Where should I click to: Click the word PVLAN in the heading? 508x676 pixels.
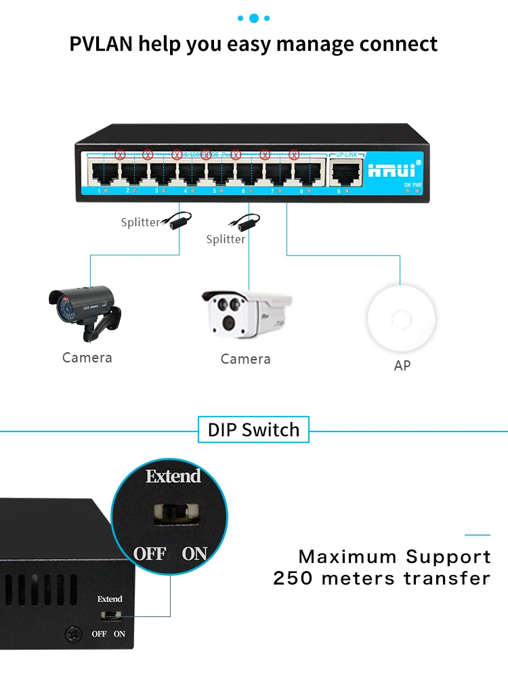tap(101, 44)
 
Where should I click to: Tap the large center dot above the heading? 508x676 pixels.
tap(254, 18)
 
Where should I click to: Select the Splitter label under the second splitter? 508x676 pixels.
tap(226, 239)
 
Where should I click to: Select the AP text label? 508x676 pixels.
tap(402, 366)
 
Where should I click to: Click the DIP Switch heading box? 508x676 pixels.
tap(253, 429)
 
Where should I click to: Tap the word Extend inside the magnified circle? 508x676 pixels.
tap(173, 476)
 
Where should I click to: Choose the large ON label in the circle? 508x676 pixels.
tap(194, 553)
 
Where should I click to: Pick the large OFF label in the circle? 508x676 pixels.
tap(149, 553)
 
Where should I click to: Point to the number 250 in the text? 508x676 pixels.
tap(293, 578)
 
